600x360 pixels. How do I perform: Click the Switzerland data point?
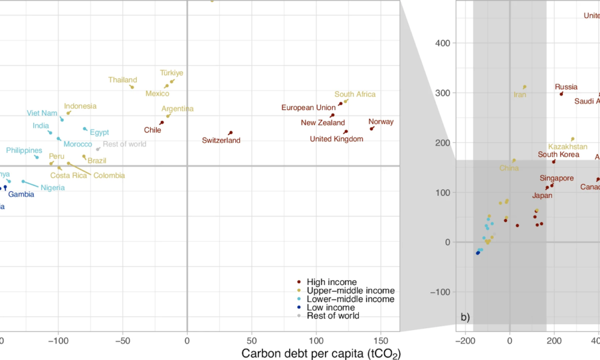230,133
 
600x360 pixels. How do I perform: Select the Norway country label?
381,122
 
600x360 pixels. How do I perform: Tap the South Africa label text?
355,94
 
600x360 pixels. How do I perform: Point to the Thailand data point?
131,86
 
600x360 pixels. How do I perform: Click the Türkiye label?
172,73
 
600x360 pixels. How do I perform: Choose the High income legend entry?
331,282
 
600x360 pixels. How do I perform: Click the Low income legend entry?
331,307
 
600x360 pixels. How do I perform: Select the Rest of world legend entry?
332,316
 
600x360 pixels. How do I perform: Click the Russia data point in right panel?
562,94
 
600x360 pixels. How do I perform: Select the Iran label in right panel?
520,94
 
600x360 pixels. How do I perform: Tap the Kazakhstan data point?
572,139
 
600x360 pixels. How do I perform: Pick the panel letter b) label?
465,317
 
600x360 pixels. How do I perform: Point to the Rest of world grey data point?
98,149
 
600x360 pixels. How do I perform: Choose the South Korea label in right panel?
558,154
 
